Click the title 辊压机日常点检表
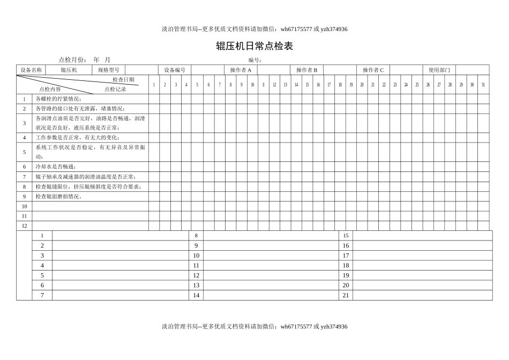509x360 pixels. point(254,46)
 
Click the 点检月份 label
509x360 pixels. point(72,60)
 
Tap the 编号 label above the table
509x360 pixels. point(254,60)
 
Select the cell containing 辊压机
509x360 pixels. point(69,70)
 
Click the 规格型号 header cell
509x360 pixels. point(108,70)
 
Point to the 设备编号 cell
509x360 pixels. point(175,70)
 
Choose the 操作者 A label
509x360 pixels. point(241,70)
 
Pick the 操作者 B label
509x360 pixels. point(306,70)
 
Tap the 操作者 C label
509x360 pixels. point(373,70)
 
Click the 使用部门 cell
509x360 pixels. point(439,70)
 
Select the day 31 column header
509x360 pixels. point(483,85)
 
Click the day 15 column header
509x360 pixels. point(307,85)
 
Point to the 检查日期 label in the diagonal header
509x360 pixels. point(123,79)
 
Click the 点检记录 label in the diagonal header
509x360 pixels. point(115,89)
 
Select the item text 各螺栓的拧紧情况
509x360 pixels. point(58,99)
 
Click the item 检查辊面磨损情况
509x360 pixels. point(58,196)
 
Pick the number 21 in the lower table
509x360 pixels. point(346,295)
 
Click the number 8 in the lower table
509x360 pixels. point(196,236)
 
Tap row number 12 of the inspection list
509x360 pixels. point(24,226)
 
